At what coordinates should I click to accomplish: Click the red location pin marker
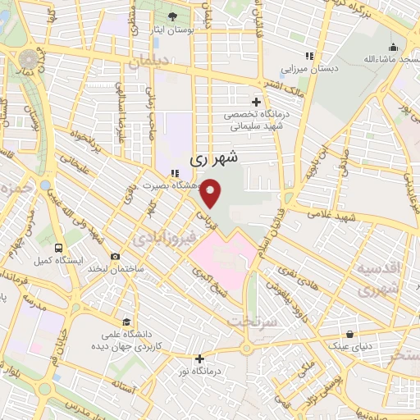[x=212, y=194]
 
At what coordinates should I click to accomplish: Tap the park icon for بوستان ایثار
[x=171, y=17]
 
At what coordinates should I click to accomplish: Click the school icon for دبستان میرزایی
[x=308, y=56]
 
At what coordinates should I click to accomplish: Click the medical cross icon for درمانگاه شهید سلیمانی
[x=255, y=102]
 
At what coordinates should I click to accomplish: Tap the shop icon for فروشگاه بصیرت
[x=174, y=173]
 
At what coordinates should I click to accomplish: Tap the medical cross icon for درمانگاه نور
[x=199, y=358]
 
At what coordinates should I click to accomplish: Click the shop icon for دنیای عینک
[x=351, y=335]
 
